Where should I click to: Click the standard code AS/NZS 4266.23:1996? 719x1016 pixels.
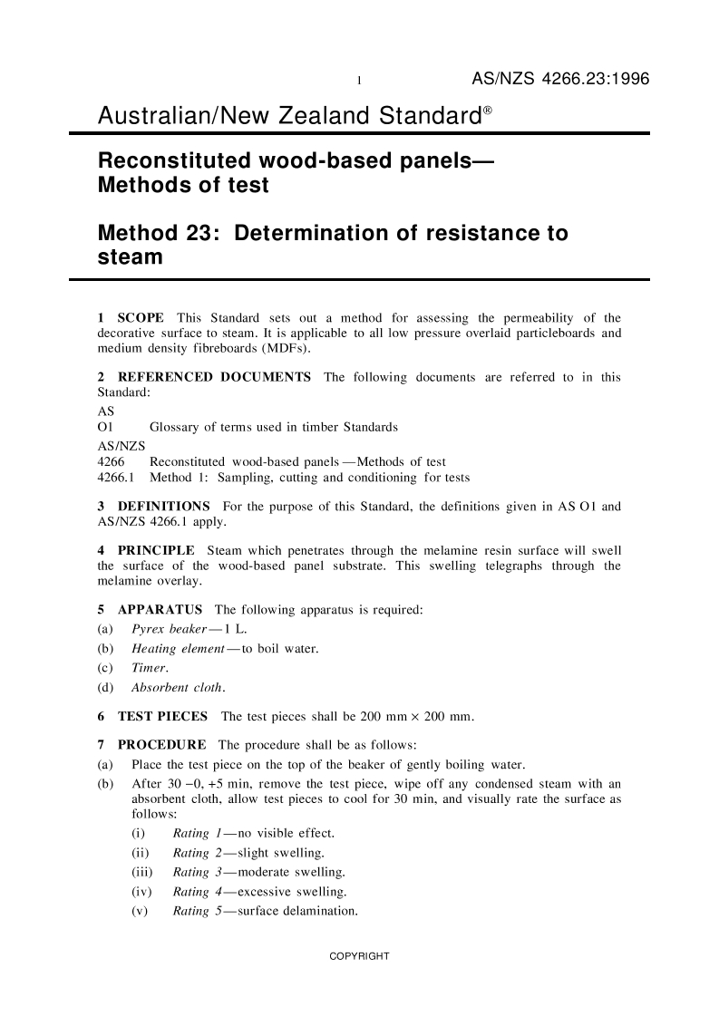pos(560,81)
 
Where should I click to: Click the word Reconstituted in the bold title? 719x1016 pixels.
pos(177,161)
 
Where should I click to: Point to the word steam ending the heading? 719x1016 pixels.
pos(130,256)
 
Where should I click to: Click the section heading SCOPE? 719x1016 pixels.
pos(141,318)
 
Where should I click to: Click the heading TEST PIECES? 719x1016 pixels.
pos(161,717)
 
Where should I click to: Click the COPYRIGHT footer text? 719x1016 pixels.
pos(359,956)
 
